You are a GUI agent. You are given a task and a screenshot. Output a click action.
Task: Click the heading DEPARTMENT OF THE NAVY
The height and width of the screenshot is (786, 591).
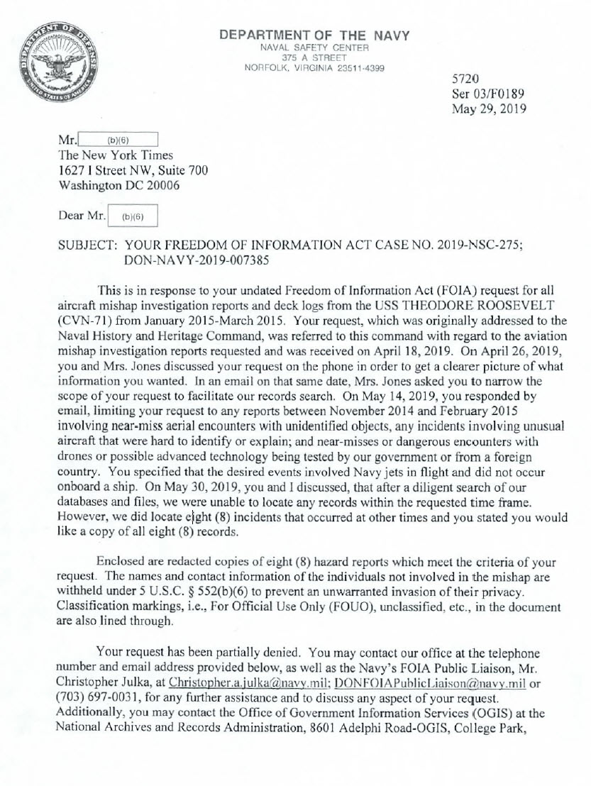(314, 35)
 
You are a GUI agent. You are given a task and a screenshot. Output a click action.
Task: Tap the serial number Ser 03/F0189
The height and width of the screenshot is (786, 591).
(488, 94)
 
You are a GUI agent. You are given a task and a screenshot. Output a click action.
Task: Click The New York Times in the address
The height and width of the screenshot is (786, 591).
(116, 155)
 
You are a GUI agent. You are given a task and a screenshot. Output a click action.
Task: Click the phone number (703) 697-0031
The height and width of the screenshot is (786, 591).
(101, 697)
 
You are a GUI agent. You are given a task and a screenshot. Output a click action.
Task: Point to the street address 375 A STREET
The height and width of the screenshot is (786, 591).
(314, 57)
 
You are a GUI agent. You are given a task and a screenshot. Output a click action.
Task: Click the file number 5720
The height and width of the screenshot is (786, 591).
(465, 79)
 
